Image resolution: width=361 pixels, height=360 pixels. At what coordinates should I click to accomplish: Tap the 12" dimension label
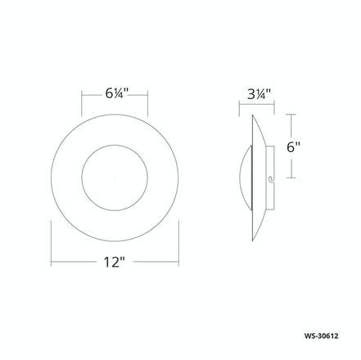(x=115, y=263)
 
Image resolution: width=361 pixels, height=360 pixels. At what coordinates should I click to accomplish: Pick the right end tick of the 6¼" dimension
(x=147, y=102)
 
